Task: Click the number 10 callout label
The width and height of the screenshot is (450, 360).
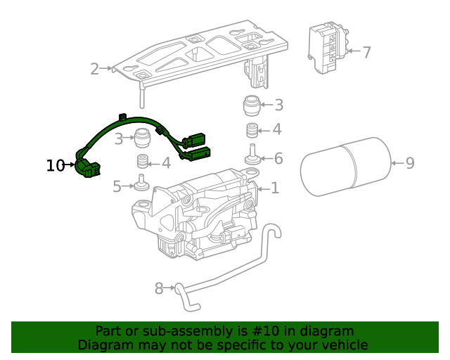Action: [55, 165]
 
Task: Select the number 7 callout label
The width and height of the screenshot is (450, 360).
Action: [366, 51]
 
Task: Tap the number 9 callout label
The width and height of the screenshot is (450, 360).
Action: [410, 163]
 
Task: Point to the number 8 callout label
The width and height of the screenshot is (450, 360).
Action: [159, 288]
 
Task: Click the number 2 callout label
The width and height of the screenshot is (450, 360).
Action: [95, 68]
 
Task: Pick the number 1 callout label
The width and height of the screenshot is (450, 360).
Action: [275, 188]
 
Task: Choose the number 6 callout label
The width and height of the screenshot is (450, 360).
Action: [278, 159]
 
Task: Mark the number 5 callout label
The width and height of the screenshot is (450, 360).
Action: [117, 186]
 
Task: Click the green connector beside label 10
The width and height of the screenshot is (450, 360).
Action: [87, 168]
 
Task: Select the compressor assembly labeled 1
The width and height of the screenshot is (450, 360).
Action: [200, 214]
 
